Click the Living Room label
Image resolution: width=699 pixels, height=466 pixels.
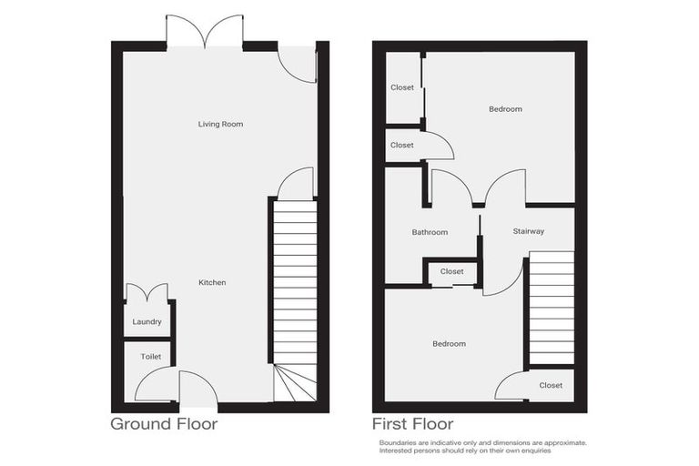coord(220,124)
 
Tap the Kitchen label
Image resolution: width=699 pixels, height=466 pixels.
coord(212,283)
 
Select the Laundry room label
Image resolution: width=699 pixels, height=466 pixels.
coord(147,322)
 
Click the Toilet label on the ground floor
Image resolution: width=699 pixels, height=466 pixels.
coord(150,357)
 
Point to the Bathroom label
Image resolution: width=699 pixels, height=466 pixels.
coord(430,232)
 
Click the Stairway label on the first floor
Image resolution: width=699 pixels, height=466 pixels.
coord(528,232)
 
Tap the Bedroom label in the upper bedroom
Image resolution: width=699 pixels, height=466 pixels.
coord(505,109)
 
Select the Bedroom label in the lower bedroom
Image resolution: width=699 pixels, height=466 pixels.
coord(449,344)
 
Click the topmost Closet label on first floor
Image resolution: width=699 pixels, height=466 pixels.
coord(401,87)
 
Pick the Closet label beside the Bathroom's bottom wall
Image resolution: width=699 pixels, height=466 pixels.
coord(451,271)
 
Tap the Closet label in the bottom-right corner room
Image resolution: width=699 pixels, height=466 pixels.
coord(551,385)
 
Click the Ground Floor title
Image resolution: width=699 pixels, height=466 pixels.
coord(164,424)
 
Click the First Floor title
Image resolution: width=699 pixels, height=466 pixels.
coord(412,424)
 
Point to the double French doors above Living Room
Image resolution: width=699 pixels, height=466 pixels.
coord(205,32)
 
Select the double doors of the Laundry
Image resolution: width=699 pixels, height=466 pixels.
coord(147,293)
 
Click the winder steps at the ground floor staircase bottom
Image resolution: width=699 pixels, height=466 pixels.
coord(295,383)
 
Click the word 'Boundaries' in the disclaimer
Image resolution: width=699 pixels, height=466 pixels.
coord(398,442)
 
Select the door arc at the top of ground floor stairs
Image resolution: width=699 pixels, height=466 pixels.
coord(296,184)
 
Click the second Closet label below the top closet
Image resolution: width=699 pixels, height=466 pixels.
coord(401,146)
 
